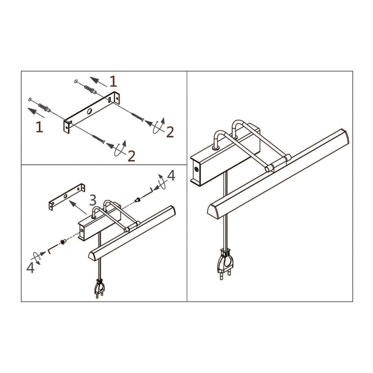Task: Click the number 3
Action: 93,200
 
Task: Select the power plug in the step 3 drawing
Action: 100,288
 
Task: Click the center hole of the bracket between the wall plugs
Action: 90,111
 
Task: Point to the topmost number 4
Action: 171,176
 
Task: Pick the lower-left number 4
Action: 30,267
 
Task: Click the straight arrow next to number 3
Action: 78,207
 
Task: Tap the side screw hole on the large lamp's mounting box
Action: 196,169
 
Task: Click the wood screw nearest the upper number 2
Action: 137,117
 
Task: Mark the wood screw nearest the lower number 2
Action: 98,139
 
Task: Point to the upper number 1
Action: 113,82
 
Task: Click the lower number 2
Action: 131,156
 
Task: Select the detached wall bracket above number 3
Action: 67,197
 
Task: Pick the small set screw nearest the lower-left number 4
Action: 63,242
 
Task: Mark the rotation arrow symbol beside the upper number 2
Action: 159,126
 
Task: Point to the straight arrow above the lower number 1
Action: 36,113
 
